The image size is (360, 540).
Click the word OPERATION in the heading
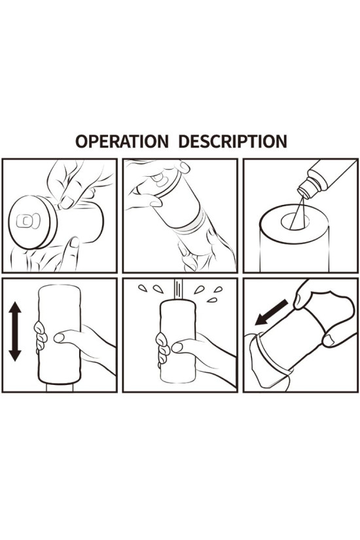(x=122, y=141)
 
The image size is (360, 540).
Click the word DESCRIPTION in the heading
(x=233, y=141)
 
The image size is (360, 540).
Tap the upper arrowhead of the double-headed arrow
(x=15, y=308)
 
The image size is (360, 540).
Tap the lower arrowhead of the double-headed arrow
(x=15, y=355)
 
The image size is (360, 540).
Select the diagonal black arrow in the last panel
(x=272, y=312)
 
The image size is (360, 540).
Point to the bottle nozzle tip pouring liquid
(x=303, y=192)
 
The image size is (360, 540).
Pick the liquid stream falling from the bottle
(x=297, y=213)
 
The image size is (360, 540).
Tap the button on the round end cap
(x=28, y=221)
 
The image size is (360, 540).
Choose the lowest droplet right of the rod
(x=212, y=300)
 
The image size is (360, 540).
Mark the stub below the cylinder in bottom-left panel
(x=60, y=387)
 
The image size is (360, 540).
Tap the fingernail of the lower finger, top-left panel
(x=74, y=242)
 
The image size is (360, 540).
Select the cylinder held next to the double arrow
(x=60, y=334)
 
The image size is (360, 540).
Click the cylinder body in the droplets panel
(x=178, y=341)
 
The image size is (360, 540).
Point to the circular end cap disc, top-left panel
(x=32, y=222)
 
